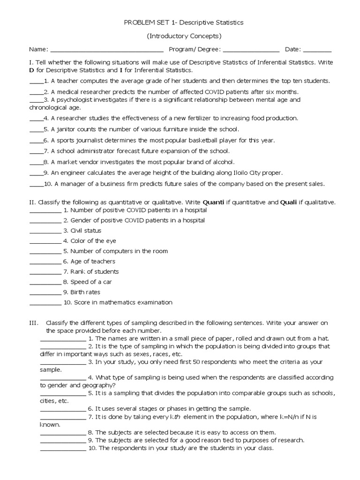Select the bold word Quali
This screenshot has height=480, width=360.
click(288, 202)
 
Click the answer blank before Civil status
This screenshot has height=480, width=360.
click(45, 231)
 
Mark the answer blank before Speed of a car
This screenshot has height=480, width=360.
click(45, 283)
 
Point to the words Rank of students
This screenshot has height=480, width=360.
click(94, 272)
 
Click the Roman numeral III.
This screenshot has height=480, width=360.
click(34, 323)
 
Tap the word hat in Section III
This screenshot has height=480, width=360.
click(323, 338)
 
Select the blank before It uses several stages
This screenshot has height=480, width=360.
click(63, 409)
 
